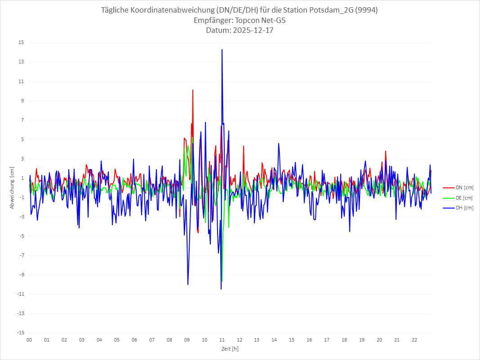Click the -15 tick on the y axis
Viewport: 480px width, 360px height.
pyautogui.click(x=21, y=333)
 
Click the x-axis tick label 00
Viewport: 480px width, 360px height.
pyautogui.click(x=29, y=340)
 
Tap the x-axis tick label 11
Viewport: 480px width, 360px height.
pyautogui.click(x=222, y=340)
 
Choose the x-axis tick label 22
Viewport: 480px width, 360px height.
pyautogui.click(x=414, y=340)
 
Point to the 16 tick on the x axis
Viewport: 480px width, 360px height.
pyautogui.click(x=309, y=340)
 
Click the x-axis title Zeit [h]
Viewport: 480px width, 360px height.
pyautogui.click(x=230, y=349)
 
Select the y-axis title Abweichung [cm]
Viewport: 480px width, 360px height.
pyautogui.click(x=12, y=188)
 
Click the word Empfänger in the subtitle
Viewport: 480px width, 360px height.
pyautogui.click(x=209, y=21)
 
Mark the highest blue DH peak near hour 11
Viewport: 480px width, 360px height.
pyautogui.click(x=222, y=49)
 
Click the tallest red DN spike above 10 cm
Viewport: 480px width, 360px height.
pyautogui.click(x=193, y=90)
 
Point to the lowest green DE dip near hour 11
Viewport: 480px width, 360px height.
pyautogui.click(x=222, y=281)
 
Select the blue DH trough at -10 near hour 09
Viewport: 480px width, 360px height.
pyautogui.click(x=188, y=284)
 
